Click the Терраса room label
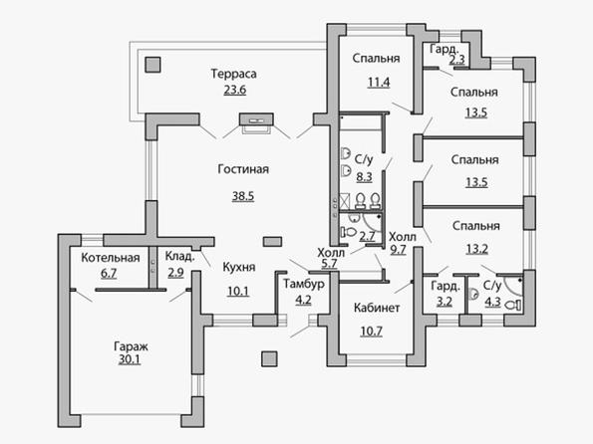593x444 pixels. click(x=233, y=74)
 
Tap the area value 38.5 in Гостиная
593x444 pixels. click(x=243, y=196)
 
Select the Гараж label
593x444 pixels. click(x=131, y=346)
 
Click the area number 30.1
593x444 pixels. click(x=130, y=359)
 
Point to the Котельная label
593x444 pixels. click(x=111, y=258)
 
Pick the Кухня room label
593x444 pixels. click(x=239, y=267)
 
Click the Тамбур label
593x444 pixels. click(x=304, y=284)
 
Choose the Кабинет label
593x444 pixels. click(x=377, y=308)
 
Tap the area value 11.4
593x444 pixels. click(x=379, y=82)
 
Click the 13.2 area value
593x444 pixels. click(x=476, y=249)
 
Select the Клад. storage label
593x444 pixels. click(x=179, y=257)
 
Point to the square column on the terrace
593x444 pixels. click(x=152, y=65)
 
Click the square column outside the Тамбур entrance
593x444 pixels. click(x=269, y=359)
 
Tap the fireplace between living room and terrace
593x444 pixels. click(x=256, y=119)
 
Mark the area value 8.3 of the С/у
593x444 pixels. click(x=364, y=177)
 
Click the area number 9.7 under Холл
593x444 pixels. click(x=398, y=250)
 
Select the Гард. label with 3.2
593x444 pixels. click(x=445, y=286)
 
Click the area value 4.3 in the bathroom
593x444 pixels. click(x=492, y=302)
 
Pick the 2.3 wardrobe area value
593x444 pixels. click(x=456, y=60)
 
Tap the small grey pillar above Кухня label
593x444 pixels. click(x=272, y=242)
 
